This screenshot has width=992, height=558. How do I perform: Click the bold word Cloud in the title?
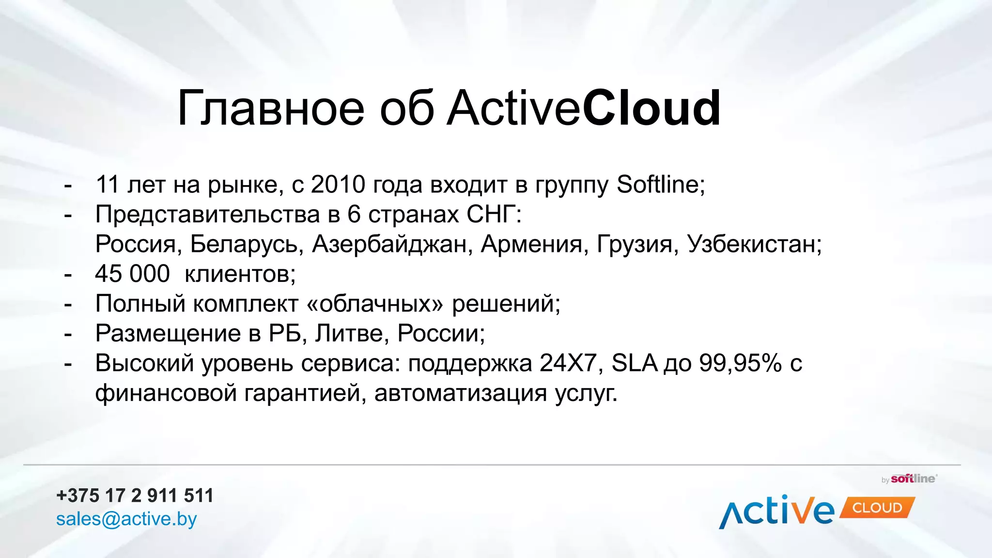(x=651, y=108)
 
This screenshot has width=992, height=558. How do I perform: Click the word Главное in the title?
(x=270, y=108)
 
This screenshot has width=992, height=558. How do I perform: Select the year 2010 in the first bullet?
(x=338, y=185)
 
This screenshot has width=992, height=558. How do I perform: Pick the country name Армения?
(x=531, y=244)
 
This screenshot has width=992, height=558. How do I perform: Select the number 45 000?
(x=132, y=274)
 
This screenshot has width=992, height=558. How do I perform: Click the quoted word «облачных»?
(x=375, y=304)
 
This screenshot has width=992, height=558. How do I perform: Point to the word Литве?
(x=349, y=333)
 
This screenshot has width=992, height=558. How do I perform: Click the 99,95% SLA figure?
(x=740, y=363)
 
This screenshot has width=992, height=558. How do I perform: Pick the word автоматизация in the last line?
(x=461, y=393)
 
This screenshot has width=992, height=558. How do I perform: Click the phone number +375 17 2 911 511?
(x=135, y=496)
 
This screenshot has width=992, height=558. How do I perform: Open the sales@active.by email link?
(x=126, y=519)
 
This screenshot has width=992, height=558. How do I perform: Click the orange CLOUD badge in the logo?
(x=877, y=508)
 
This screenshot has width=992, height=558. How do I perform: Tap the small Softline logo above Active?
(x=913, y=479)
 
